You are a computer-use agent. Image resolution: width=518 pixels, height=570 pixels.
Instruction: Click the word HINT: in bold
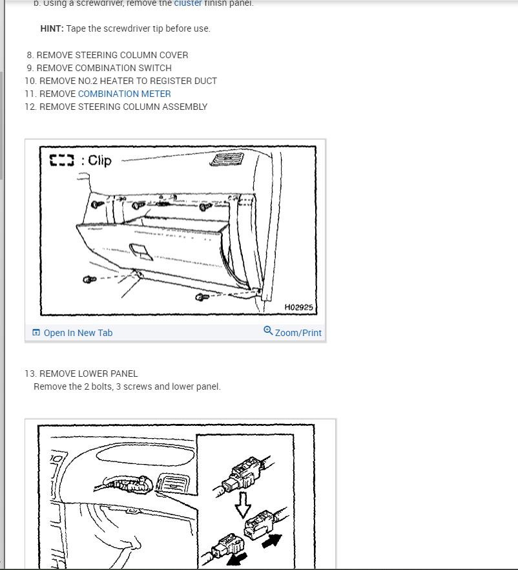(52, 28)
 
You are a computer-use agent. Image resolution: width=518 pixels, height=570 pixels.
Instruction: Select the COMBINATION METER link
(124, 94)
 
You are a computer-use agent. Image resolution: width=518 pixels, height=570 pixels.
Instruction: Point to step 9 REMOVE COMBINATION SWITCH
(104, 68)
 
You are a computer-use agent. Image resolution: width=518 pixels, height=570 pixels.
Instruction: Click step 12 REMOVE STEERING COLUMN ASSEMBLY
(123, 107)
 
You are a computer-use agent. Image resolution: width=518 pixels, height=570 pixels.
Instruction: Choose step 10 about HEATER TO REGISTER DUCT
(128, 81)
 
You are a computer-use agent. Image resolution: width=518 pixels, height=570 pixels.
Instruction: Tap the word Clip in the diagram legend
(99, 160)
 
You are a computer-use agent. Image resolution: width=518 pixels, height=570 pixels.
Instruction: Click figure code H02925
(298, 308)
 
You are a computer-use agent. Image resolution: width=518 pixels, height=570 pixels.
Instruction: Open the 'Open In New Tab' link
(78, 333)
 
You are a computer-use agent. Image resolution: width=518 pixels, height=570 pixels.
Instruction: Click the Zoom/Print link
(298, 333)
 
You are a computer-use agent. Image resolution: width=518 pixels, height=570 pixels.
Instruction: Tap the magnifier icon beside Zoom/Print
(268, 331)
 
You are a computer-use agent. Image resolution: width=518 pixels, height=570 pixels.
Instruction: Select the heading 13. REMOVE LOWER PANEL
(88, 374)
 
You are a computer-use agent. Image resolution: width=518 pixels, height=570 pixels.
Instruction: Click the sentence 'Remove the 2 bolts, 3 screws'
(127, 386)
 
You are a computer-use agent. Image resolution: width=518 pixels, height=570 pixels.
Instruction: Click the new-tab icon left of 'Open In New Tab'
(36, 333)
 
